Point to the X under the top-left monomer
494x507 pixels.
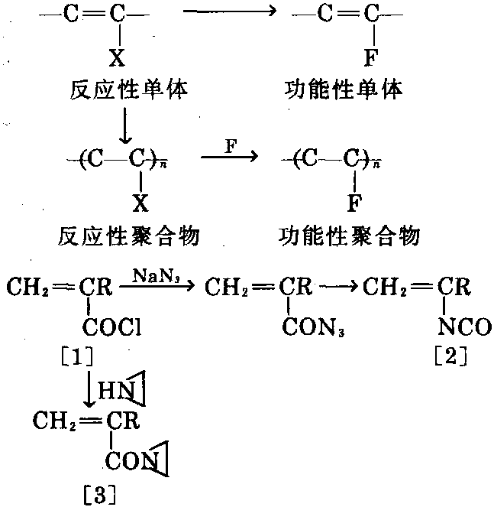[118, 59]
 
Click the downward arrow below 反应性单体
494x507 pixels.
[122, 126]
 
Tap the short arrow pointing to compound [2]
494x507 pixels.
[341, 289]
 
